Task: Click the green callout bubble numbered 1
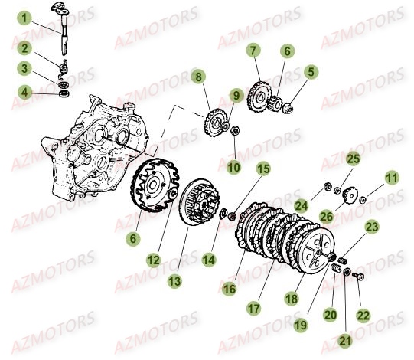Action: click(24, 17)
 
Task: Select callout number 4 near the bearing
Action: click(24, 93)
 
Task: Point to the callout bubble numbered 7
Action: click(253, 51)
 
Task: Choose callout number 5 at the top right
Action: click(311, 72)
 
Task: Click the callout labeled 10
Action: click(233, 165)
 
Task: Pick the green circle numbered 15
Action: click(262, 169)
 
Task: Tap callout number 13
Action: click(175, 281)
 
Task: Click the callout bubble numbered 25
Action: click(352, 159)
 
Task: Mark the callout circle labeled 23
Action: click(372, 226)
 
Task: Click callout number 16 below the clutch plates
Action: click(229, 288)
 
